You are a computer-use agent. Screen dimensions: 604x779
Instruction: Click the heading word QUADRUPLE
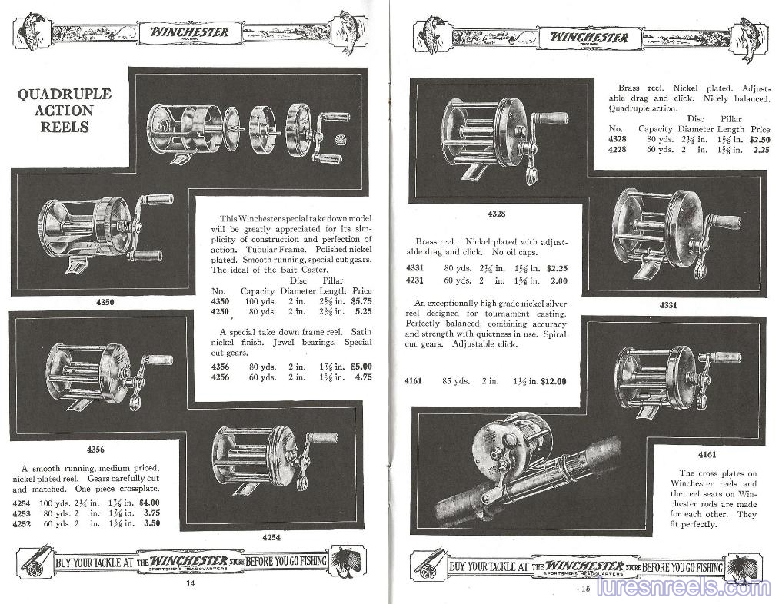click(x=65, y=94)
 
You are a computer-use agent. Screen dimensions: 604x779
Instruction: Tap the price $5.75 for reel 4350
click(x=361, y=302)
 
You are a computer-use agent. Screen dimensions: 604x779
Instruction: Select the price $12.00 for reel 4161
click(x=554, y=381)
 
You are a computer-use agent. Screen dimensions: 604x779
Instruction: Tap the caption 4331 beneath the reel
click(x=667, y=305)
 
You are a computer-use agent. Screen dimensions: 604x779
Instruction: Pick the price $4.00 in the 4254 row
click(x=155, y=503)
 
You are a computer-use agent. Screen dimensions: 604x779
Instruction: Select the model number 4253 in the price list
click(x=22, y=513)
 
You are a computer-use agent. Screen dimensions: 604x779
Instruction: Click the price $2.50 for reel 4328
click(x=760, y=140)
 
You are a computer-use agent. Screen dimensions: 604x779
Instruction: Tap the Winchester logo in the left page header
click(x=189, y=32)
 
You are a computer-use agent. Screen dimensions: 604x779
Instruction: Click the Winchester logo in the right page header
click(x=588, y=37)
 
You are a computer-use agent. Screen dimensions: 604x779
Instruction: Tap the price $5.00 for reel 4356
click(x=361, y=367)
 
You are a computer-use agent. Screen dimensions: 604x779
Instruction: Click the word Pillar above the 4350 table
click(x=333, y=280)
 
